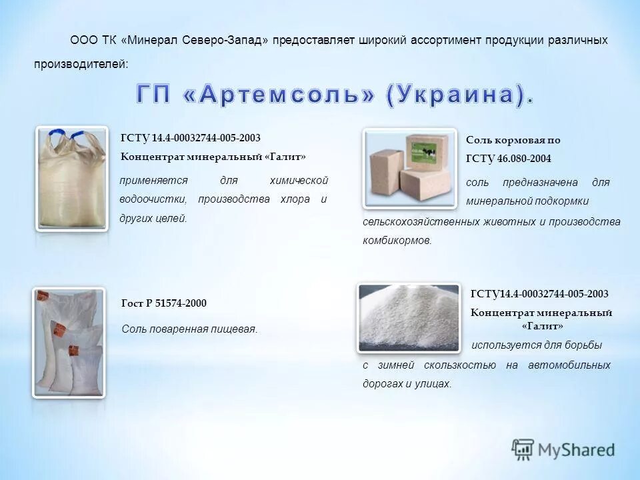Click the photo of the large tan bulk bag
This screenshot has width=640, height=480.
(71, 179)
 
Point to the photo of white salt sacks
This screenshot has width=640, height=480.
(69, 342)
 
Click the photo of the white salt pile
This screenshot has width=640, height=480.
(408, 317)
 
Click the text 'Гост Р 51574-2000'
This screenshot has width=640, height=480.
(164, 303)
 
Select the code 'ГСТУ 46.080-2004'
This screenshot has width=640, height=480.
(509, 159)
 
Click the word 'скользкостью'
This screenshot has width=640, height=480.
(465, 365)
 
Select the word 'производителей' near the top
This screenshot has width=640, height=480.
(79, 64)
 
